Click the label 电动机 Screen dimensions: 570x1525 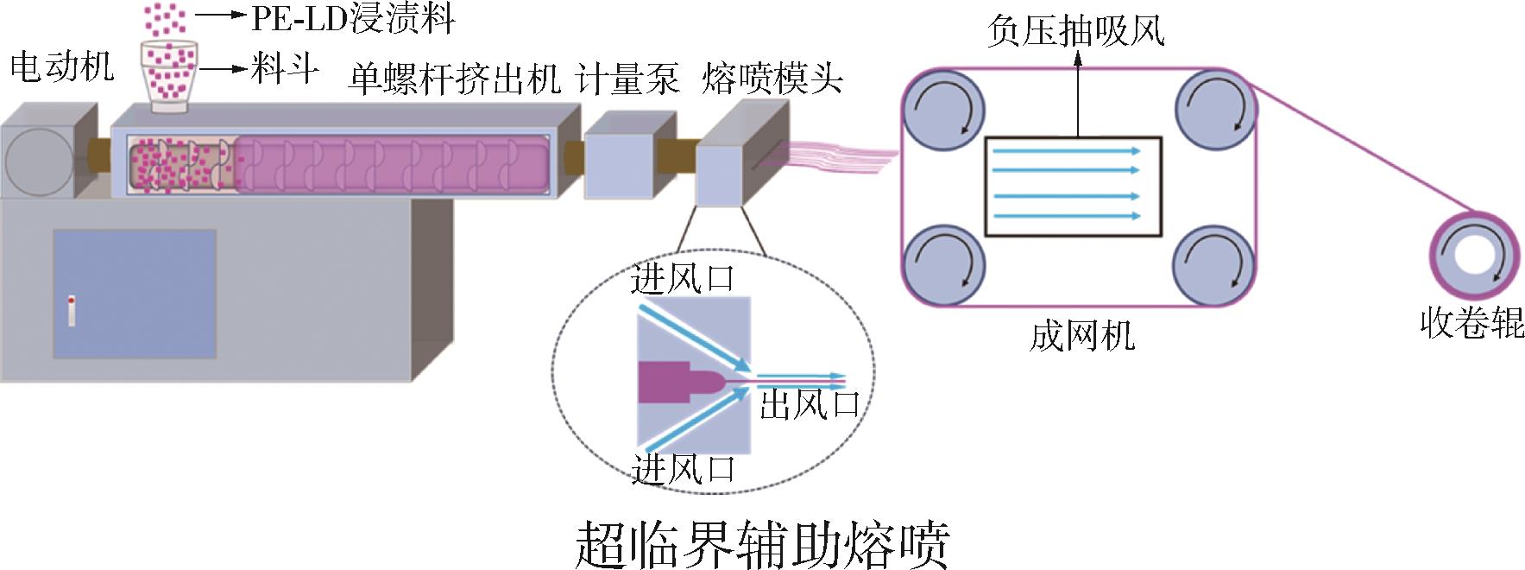pos(61,66)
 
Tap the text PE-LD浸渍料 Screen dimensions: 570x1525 pos(352,18)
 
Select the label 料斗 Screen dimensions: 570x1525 pos(285,68)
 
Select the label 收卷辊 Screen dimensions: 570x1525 pos(1472,323)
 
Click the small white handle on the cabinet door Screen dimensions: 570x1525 pos(72,311)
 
